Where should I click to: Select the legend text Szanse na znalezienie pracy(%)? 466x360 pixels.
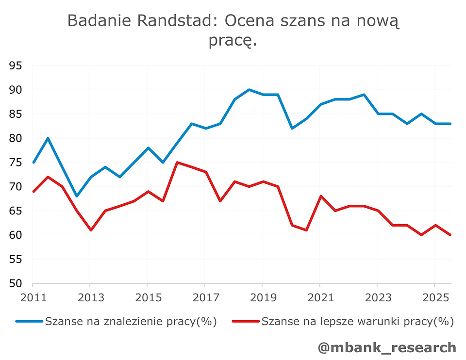coord(131,321)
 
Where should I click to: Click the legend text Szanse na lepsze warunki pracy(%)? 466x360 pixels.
coord(357,321)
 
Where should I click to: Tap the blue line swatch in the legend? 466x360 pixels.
coord(30,321)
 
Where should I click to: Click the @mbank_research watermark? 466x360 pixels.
coord(386,347)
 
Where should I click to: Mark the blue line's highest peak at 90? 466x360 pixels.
coord(249,90)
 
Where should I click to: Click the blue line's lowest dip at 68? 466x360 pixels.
coord(76,196)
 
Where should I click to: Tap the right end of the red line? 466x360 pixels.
coord(451,235)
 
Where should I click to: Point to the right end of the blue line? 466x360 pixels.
coord(451,124)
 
